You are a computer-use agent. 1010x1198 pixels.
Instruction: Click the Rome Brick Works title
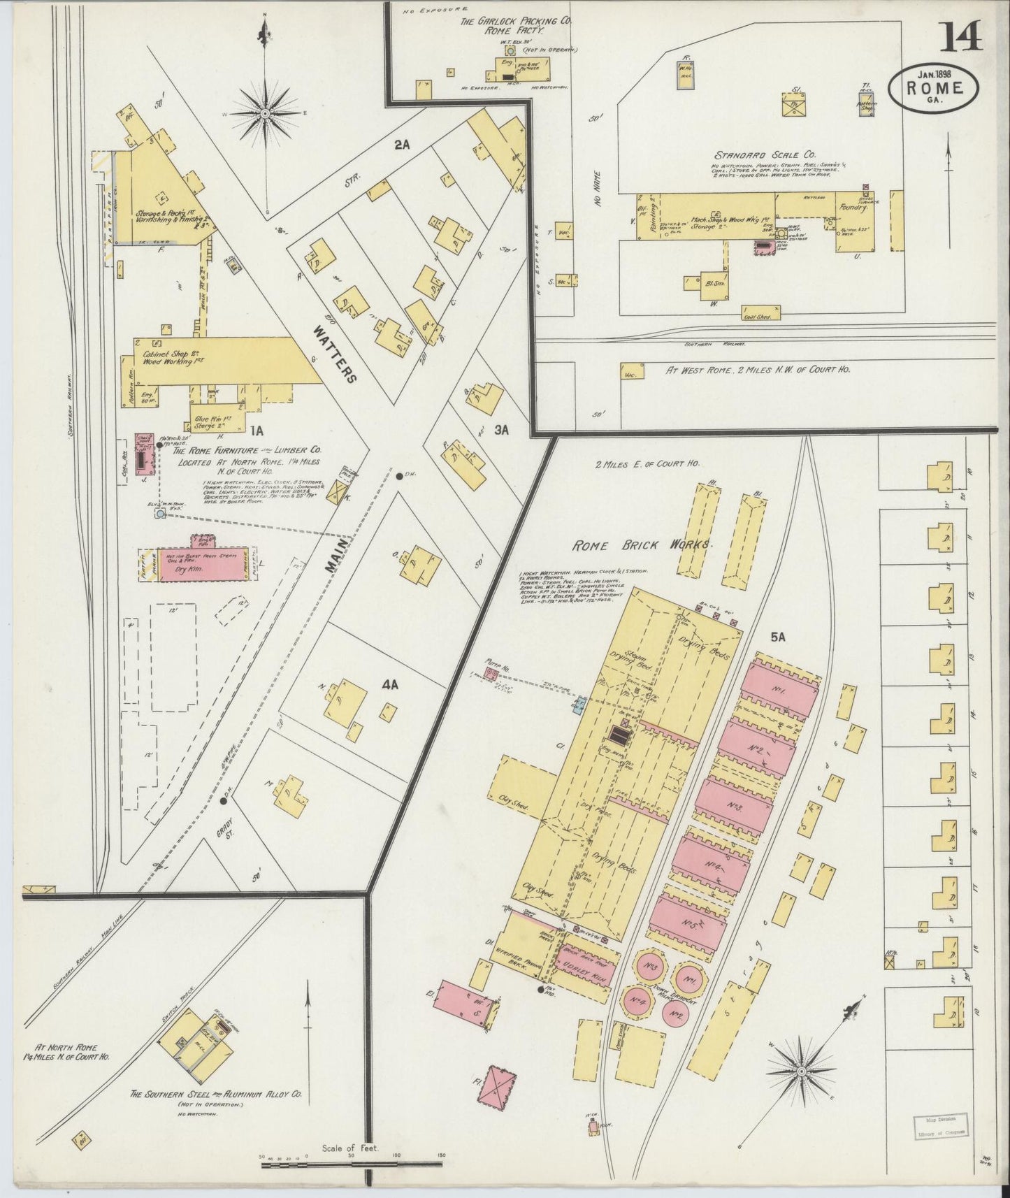click(641, 544)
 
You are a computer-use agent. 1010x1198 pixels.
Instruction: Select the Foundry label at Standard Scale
click(854, 208)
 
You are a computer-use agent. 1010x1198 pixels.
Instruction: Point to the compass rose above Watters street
click(266, 113)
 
